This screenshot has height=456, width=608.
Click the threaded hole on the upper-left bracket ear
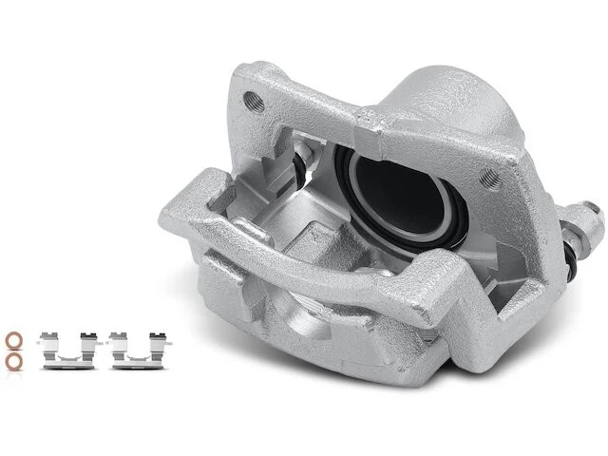[x=252, y=98]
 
